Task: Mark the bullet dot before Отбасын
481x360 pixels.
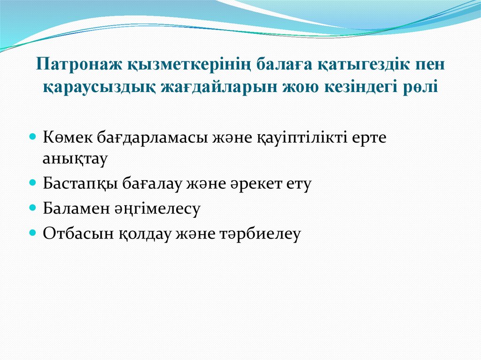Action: click(x=33, y=232)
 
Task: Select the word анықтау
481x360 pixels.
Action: click(x=75, y=158)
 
